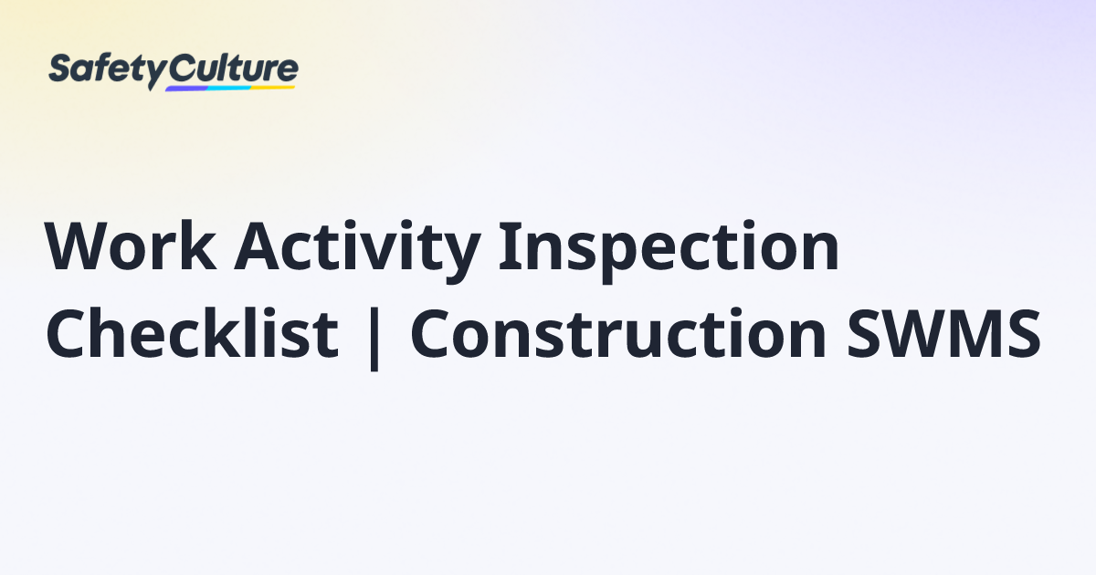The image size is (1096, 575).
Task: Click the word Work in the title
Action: pos(131,246)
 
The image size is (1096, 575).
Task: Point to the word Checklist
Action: pos(192,332)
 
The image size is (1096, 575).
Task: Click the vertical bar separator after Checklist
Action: pos(374,338)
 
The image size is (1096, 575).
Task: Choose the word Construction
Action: pos(618,333)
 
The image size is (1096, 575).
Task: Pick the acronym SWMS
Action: pos(943,333)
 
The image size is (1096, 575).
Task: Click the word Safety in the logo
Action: pos(107,71)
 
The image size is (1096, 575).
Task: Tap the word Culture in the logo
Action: pos(234,68)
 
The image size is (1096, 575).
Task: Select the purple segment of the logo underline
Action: pos(187,89)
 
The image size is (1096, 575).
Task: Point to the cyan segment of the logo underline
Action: pos(230,88)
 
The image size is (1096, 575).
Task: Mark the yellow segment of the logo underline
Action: pos(273,88)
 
